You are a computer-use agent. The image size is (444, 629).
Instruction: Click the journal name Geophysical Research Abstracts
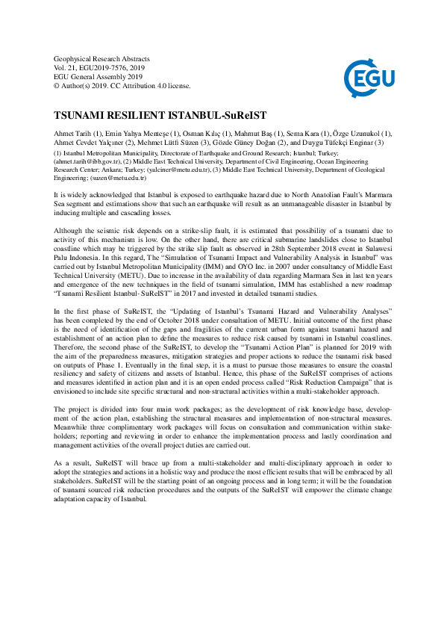pyautogui.click(x=101, y=59)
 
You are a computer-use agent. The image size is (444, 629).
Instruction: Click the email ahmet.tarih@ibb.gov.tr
pyautogui.click(x=88, y=161)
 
